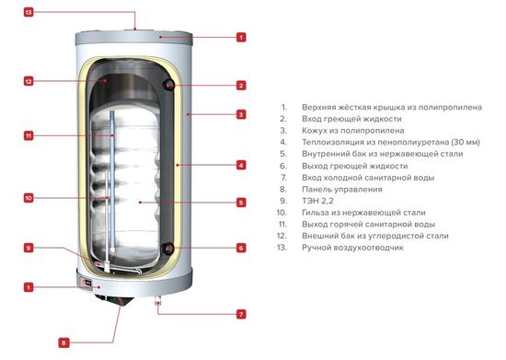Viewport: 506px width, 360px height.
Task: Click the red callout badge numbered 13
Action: (x=29, y=13)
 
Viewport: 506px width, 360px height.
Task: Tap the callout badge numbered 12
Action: (x=29, y=81)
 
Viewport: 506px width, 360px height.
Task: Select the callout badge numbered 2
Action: (x=241, y=85)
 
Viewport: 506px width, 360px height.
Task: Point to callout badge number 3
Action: (x=241, y=115)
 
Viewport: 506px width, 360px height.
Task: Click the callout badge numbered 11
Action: (x=29, y=136)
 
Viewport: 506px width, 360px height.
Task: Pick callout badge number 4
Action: (x=241, y=166)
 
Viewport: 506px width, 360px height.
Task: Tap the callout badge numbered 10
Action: (x=29, y=198)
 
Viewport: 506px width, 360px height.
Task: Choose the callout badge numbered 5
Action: (x=241, y=203)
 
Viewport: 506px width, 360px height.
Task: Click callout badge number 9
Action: (x=29, y=248)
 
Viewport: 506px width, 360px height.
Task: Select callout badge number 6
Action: (x=241, y=248)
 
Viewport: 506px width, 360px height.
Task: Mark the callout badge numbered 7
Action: (x=241, y=314)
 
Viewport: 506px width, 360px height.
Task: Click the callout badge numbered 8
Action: (x=63, y=343)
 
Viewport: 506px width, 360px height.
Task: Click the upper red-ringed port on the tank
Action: (x=169, y=86)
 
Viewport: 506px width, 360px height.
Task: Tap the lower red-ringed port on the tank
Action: (x=169, y=248)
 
